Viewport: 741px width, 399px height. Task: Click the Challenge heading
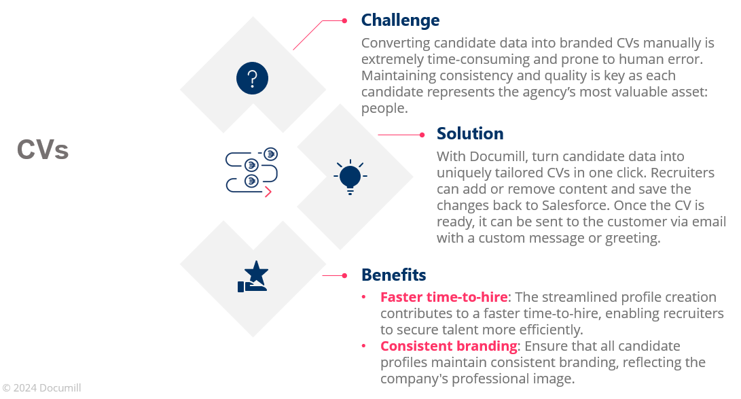pos(400,20)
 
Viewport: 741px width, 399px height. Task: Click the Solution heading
pos(470,133)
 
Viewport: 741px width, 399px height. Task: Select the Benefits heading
pos(393,275)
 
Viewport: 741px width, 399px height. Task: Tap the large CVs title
pos(43,150)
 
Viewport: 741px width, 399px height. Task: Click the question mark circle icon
pos(252,77)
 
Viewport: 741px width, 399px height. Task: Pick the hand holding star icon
pos(253,277)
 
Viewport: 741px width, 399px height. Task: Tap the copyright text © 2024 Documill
pos(41,387)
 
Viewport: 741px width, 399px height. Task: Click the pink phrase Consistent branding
pos(448,346)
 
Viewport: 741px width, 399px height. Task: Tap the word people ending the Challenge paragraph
pos(383,109)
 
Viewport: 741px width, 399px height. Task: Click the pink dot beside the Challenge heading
pos(344,21)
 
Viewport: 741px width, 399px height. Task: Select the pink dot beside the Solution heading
pos(421,135)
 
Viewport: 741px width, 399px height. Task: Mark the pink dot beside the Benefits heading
pos(344,275)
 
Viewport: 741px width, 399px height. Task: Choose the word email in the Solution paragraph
pos(708,222)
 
